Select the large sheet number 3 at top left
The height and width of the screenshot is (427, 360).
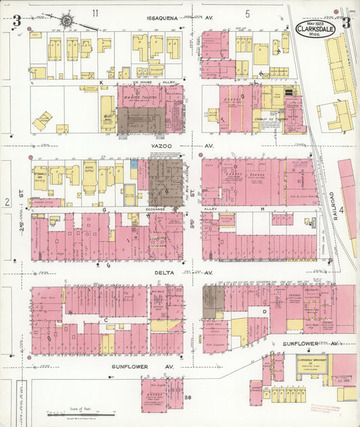(x=16, y=22)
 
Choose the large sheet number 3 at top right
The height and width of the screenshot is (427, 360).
(x=346, y=22)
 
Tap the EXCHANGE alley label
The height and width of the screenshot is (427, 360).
(x=145, y=210)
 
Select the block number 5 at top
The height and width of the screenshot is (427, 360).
(x=248, y=13)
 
